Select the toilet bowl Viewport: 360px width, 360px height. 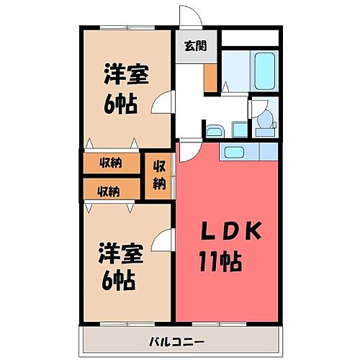265,123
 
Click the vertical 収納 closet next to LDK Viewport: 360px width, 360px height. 159,175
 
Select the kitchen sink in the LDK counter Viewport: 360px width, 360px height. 235,152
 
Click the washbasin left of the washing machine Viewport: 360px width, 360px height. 215,130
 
